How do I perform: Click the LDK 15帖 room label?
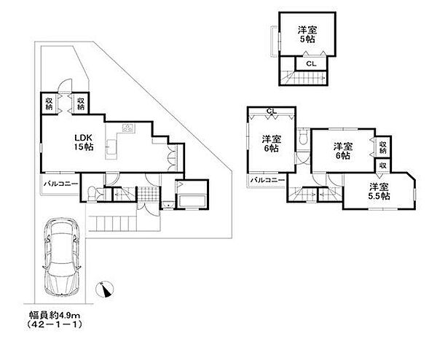click(83, 142)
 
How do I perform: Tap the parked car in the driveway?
click(62, 257)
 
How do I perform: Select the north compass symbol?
click(105, 290)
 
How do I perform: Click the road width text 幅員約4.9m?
click(55, 316)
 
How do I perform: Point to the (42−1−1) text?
click(55, 324)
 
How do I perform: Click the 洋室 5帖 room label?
click(307, 34)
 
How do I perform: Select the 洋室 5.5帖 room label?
click(379, 191)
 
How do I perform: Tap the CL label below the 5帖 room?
click(311, 64)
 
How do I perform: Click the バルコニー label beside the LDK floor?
click(60, 184)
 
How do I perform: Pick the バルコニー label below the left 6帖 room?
click(267, 180)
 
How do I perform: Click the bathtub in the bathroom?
click(192, 201)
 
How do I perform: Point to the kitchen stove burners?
click(128, 128)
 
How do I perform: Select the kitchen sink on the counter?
click(111, 146)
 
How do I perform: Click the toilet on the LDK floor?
click(91, 193)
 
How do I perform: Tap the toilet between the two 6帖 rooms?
click(302, 138)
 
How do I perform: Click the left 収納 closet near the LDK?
click(50, 103)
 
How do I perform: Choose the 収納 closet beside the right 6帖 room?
click(383, 147)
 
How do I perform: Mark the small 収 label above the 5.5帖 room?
click(383, 165)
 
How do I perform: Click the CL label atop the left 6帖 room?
click(271, 111)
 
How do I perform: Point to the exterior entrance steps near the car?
click(113, 223)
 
